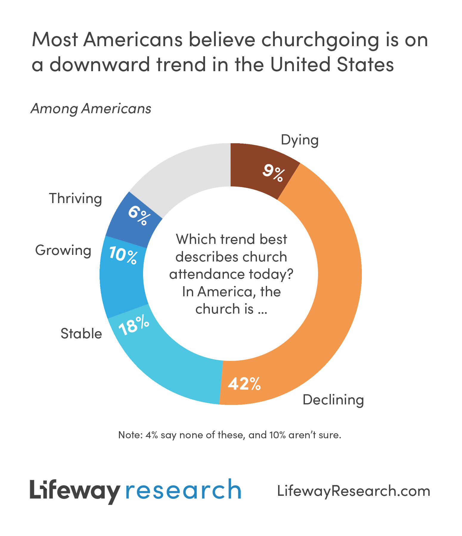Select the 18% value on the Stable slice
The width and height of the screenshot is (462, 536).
point(134,325)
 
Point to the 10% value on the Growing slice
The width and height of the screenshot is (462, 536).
point(123,255)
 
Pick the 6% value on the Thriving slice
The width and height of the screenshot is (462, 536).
point(138,215)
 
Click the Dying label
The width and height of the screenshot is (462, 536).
point(300,140)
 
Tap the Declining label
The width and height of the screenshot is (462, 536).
point(333,400)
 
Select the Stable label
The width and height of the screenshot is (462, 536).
point(81,334)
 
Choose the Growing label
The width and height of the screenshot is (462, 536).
point(63,250)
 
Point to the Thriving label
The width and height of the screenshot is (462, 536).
point(75,198)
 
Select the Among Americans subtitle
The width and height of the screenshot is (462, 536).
point(91,109)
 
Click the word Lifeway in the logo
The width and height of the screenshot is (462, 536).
point(75,490)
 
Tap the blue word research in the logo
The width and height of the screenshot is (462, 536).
point(183,490)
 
